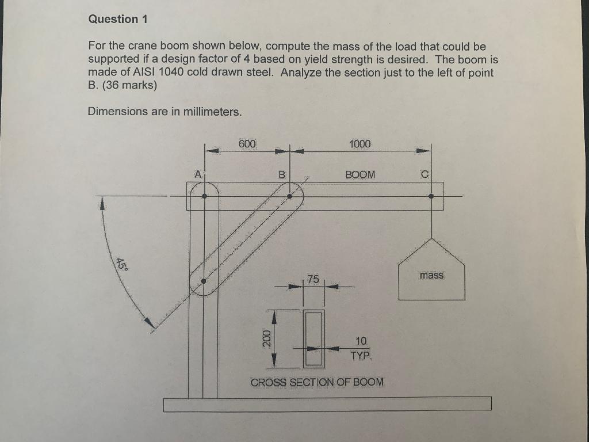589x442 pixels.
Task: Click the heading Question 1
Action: pyautogui.click(x=118, y=19)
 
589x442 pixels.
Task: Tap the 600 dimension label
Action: pyautogui.click(x=248, y=143)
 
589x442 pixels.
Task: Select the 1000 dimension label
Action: pyautogui.click(x=360, y=143)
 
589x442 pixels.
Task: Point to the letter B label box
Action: pyautogui.click(x=282, y=174)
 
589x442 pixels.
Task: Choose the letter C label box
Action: pyautogui.click(x=424, y=174)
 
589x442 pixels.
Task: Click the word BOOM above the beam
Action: pyautogui.click(x=360, y=174)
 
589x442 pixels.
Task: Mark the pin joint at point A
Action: pyautogui.click(x=204, y=196)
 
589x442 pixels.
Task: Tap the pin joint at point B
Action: pyautogui.click(x=289, y=196)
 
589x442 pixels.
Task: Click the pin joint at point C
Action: pyautogui.click(x=431, y=196)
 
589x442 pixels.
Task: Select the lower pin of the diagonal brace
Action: pyautogui.click(x=204, y=281)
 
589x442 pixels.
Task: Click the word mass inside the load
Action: pyautogui.click(x=431, y=276)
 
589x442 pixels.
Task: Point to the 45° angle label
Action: pyautogui.click(x=121, y=264)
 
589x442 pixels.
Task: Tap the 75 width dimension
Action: pyautogui.click(x=312, y=279)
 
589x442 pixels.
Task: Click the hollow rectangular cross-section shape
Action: pyautogui.click(x=313, y=338)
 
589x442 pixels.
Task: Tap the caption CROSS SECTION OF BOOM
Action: pyautogui.click(x=317, y=382)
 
